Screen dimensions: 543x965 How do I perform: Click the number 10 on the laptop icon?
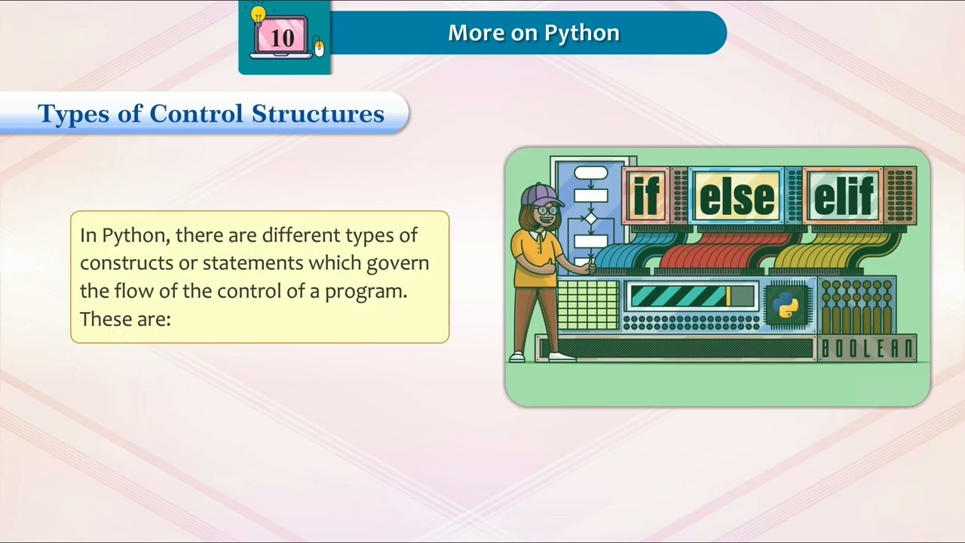282,38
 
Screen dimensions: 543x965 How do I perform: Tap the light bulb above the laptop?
259,15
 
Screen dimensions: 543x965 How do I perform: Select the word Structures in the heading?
318,114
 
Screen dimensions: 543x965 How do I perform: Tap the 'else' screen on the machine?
737,196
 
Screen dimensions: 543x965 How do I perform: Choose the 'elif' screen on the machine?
844,196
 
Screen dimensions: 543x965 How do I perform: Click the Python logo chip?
786,305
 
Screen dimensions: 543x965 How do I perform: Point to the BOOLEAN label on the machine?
866,349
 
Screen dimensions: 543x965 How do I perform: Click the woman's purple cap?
540,193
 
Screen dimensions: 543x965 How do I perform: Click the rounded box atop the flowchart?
590,173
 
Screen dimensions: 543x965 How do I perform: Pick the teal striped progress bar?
679,296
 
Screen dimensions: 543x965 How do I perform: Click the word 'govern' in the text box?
397,262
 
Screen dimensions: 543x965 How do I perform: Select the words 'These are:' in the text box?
125,318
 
